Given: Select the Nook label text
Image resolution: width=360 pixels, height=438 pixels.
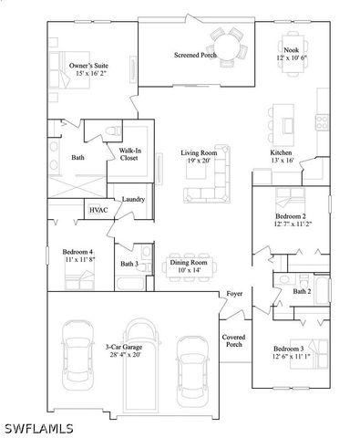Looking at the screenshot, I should pyautogui.click(x=292, y=50).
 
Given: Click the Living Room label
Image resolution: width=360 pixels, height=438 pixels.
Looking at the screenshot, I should pyautogui.click(x=201, y=153).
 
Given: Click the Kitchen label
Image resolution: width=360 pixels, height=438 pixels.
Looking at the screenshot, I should pyautogui.click(x=281, y=152).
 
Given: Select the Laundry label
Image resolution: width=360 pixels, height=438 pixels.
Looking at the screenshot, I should pyautogui.click(x=134, y=199).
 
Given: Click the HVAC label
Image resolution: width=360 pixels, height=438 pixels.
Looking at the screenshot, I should pyautogui.click(x=98, y=211).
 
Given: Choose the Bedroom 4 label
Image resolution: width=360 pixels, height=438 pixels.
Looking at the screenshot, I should pyautogui.click(x=77, y=251).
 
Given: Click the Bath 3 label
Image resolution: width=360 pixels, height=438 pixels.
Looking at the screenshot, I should pyautogui.click(x=129, y=265).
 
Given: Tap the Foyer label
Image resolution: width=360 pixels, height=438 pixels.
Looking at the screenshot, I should pyautogui.click(x=235, y=294).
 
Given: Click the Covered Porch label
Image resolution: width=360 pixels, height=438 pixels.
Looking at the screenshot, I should pyautogui.click(x=233, y=341).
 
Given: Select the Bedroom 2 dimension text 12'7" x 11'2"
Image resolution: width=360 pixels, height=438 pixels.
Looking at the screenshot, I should pyautogui.click(x=293, y=224).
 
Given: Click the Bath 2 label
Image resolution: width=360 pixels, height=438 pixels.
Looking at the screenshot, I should pyautogui.click(x=303, y=292).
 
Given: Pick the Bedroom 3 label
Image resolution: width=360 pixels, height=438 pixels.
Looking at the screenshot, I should pyautogui.click(x=289, y=349).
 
